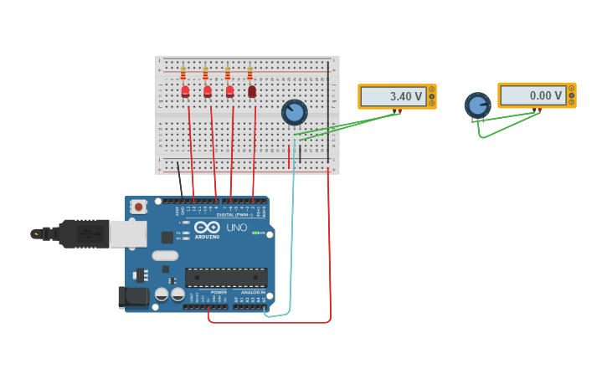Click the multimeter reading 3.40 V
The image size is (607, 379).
pos(396,96)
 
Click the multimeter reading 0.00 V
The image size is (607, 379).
pos(536,95)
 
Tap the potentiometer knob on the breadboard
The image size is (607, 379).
pos(294,111)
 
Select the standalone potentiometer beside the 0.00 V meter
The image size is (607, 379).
pos(477,105)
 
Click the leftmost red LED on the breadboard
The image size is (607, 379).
pos(185,91)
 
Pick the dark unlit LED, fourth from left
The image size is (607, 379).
pos(252,91)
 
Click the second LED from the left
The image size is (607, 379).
pos(208,91)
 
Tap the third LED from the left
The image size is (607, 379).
pos(229,91)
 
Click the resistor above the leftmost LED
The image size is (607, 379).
pos(183,74)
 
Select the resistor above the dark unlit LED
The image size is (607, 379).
pos(249,74)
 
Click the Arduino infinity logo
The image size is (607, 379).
pos(207,228)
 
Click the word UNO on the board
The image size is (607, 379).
pos(237,228)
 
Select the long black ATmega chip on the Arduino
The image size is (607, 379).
pos(226,277)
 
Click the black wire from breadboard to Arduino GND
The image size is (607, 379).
pos(180,181)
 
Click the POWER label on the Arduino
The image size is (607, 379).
pos(207,292)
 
